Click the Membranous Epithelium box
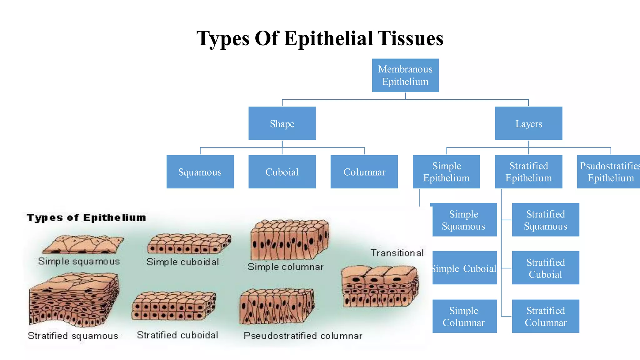(x=405, y=75)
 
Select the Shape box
(x=282, y=123)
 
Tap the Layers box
(x=528, y=123)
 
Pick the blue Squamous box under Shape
(x=200, y=172)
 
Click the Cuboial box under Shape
(x=282, y=172)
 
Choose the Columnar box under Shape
(x=364, y=172)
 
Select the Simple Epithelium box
(x=446, y=172)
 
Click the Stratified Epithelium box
(x=528, y=172)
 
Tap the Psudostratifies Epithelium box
(x=608, y=172)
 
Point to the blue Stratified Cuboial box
(x=545, y=268)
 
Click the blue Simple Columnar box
(x=464, y=316)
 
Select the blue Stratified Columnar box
(x=545, y=316)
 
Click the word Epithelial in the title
(x=328, y=38)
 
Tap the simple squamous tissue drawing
(x=83, y=244)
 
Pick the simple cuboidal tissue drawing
(x=189, y=244)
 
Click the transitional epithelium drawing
(x=380, y=286)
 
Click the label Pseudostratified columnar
(x=303, y=336)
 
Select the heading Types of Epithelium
(x=86, y=218)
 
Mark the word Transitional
(x=397, y=253)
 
